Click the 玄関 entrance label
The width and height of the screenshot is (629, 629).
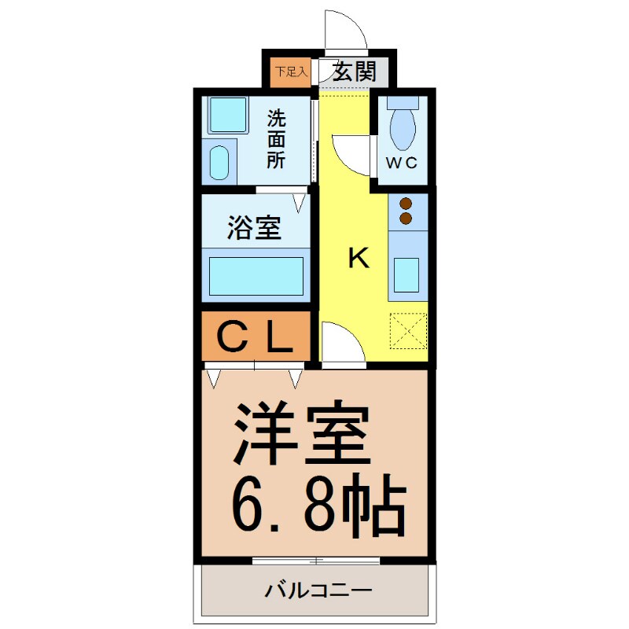tap(353, 72)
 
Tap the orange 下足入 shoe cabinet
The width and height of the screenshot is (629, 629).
tap(281, 72)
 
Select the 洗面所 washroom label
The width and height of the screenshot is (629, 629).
tap(276, 139)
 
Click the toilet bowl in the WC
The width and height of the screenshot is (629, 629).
tap(402, 127)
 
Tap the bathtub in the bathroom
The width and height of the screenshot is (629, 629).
tap(256, 275)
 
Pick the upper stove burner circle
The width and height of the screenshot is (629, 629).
tap(406, 203)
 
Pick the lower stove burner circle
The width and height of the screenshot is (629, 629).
tap(406, 217)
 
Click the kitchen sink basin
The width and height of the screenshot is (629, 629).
tap(407, 275)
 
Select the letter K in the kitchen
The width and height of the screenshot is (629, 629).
tap(359, 259)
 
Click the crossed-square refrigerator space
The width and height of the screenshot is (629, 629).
tap(408, 331)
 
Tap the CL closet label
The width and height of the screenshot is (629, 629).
tap(255, 338)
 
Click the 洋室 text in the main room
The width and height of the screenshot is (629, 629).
tap(301, 435)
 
